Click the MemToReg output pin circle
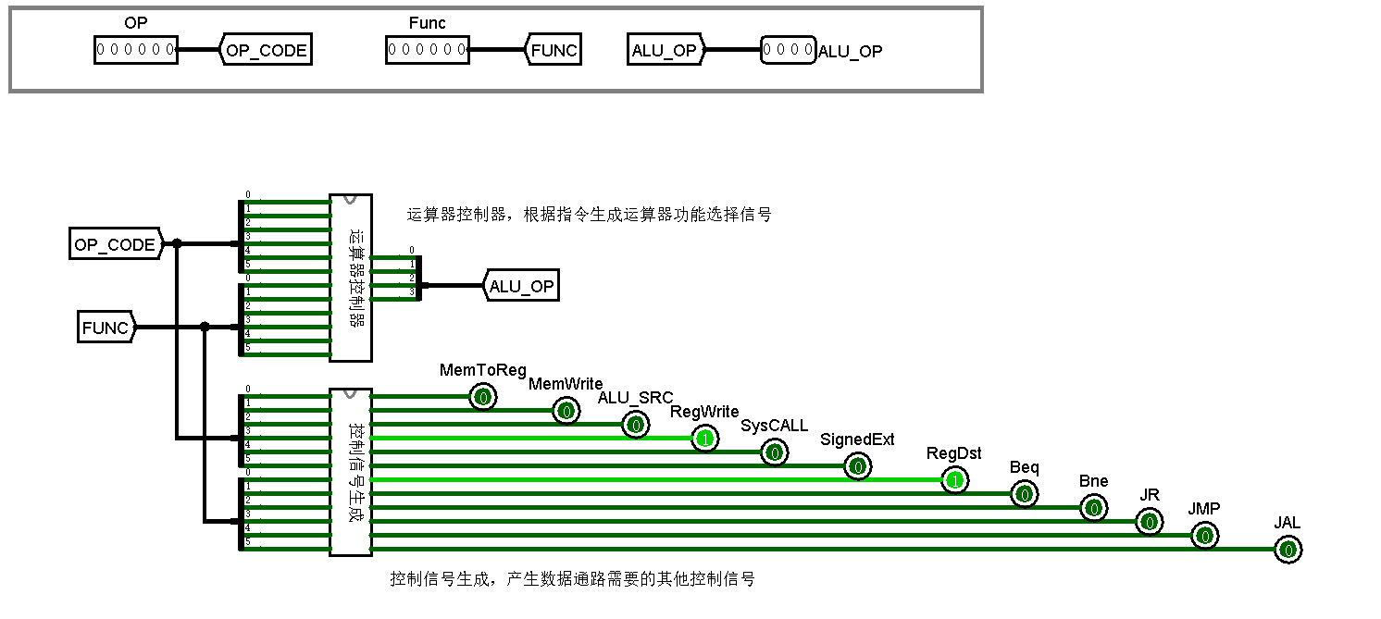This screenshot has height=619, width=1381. pos(482,398)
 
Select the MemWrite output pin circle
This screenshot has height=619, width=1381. pos(566,412)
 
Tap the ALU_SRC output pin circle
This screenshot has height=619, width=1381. pos(635,426)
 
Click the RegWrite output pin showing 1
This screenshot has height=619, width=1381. pos(704,439)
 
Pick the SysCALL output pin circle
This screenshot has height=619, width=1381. pos(774,452)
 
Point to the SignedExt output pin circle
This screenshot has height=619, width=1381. pos(858,467)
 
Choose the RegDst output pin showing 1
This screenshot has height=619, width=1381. pos(955,480)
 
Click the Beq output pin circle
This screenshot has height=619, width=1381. pos(1024,495)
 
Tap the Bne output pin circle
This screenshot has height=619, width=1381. pos(1093,509)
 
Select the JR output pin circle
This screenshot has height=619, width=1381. pos(1150,523)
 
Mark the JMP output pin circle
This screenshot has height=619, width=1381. pos(1204,536)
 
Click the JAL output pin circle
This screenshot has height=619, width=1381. pos(1288,551)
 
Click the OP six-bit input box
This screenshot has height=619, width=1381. pos(135,50)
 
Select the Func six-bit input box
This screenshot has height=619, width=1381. pos(427,50)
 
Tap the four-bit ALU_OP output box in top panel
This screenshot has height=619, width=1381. pos(788,50)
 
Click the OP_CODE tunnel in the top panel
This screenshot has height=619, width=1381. pos(267,50)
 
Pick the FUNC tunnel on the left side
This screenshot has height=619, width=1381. pos(106,328)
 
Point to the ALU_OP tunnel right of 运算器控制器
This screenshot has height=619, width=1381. pos(521,287)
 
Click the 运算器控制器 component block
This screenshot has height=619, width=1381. pos(352,278)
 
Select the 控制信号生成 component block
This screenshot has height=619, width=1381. pos(352,472)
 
